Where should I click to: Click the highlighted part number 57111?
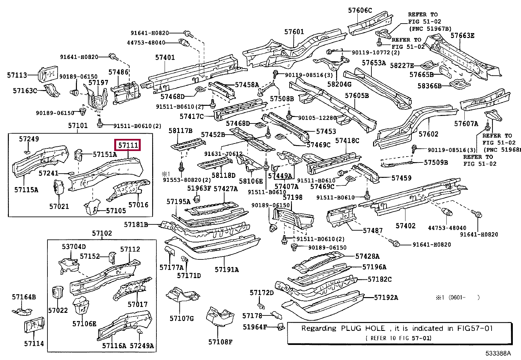point(128,145)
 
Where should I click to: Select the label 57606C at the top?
point(360,10)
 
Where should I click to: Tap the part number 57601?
point(294,31)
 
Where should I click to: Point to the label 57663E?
point(462,36)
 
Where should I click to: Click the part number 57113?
point(17,75)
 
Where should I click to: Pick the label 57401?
point(165,57)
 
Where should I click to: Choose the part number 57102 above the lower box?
point(102,233)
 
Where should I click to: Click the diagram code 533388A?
point(498,353)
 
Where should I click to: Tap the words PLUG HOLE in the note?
point(363,328)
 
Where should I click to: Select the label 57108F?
point(220,342)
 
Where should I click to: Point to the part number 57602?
point(428,134)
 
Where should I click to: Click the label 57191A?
point(226,269)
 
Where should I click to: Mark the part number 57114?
point(34,344)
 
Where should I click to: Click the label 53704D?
point(74,246)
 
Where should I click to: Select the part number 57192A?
point(386,297)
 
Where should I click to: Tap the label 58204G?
point(339,84)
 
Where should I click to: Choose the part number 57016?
point(138,205)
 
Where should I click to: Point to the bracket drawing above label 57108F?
point(220,317)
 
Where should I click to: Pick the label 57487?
point(373,231)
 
